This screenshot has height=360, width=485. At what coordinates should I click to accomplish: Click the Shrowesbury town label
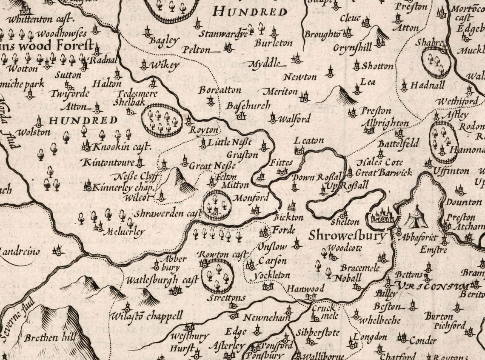click(x=348, y=235)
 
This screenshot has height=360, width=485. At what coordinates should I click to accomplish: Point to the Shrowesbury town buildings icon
click(x=383, y=216)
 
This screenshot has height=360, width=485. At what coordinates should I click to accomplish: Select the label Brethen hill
click(x=50, y=338)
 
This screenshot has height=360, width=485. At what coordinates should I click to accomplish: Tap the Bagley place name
click(x=164, y=41)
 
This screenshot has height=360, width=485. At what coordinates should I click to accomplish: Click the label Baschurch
click(x=242, y=105)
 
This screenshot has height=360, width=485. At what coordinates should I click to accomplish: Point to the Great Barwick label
click(x=384, y=172)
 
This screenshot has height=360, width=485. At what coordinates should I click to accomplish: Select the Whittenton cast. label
click(x=41, y=19)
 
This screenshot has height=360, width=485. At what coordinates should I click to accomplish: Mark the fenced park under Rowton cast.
click(x=218, y=275)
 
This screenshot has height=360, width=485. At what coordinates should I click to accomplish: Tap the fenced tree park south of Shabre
click(x=436, y=62)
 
